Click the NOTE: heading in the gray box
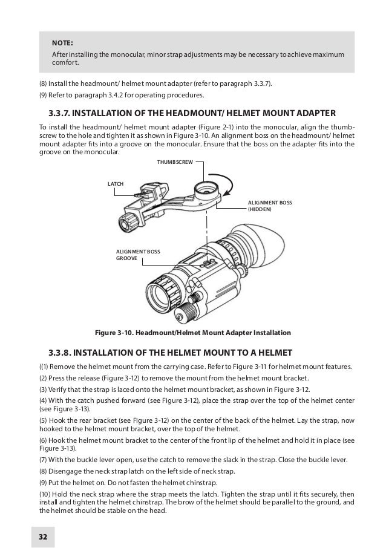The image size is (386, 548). [62, 43]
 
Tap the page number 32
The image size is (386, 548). [43, 537]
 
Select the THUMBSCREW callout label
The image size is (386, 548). [175, 162]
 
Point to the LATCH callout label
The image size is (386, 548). [116, 184]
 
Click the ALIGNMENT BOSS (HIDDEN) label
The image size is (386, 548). [270, 206]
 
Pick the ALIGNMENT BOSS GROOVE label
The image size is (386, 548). [138, 255]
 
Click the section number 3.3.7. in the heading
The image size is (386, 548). [59, 113]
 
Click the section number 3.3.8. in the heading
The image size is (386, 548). [60, 353]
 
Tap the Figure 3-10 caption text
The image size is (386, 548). [193, 333]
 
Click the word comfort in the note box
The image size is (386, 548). [65, 62]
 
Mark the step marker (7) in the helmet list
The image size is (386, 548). [43, 460]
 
